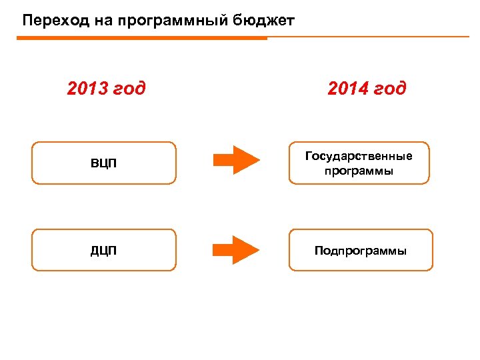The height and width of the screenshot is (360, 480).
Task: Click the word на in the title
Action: tap(95, 21)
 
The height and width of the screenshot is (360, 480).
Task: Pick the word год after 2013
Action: tap(129, 89)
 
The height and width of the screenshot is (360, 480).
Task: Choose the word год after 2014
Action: tap(389, 89)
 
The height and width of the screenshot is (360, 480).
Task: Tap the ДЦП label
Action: tap(103, 251)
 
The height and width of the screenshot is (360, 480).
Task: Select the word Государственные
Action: tap(359, 156)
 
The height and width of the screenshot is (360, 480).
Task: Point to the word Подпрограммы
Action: tap(361, 251)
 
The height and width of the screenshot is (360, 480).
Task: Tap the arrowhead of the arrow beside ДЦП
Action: tap(248, 250)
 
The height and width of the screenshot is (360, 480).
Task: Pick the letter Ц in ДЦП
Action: tap(103, 251)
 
